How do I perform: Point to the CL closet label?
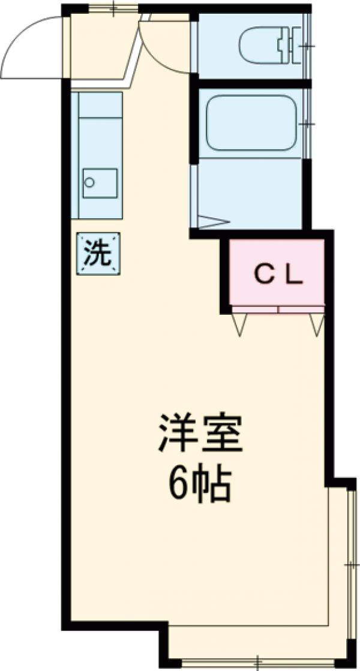pyautogui.click(x=278, y=275)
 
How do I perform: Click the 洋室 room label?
pyautogui.click(x=200, y=434)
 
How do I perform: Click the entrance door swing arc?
pyautogui.click(x=24, y=42)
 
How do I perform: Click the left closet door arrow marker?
pyautogui.click(x=241, y=324)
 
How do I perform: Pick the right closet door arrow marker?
pyautogui.click(x=317, y=324)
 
